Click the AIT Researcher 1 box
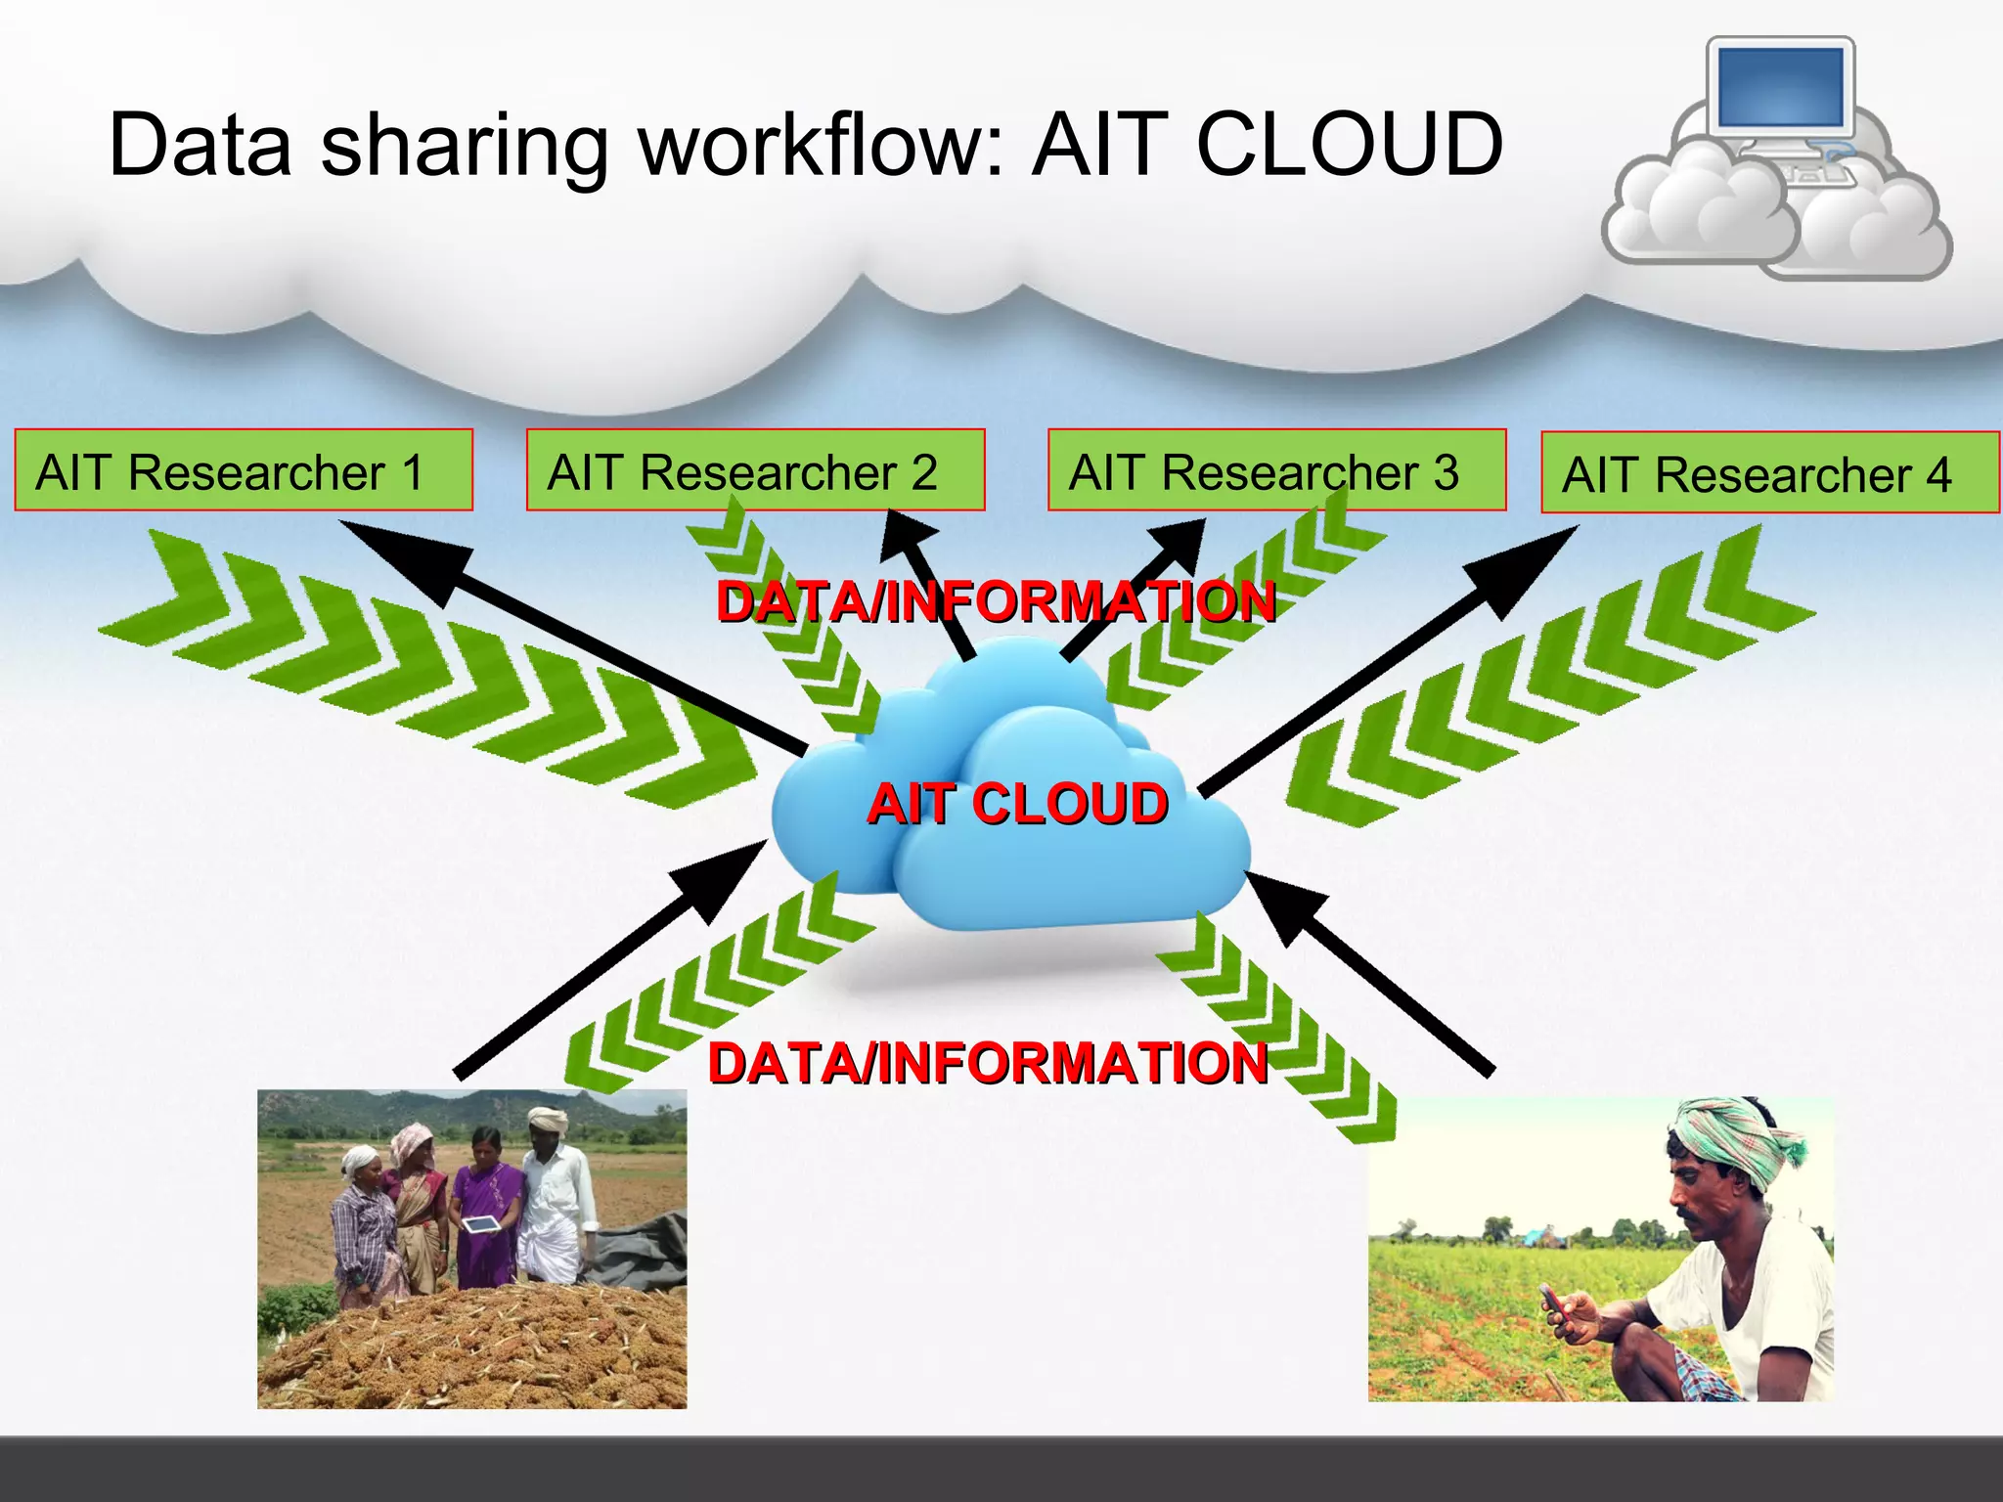[243, 470]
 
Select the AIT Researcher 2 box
[755, 470]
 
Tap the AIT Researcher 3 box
[1276, 470]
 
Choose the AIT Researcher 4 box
[1769, 473]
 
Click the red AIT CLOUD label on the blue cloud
[1017, 804]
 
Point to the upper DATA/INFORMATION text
[996, 601]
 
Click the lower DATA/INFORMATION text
[988, 1063]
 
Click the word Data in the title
[200, 145]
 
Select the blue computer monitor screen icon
[1780, 87]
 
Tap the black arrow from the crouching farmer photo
[1369, 973]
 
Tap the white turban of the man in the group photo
[548, 1120]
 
